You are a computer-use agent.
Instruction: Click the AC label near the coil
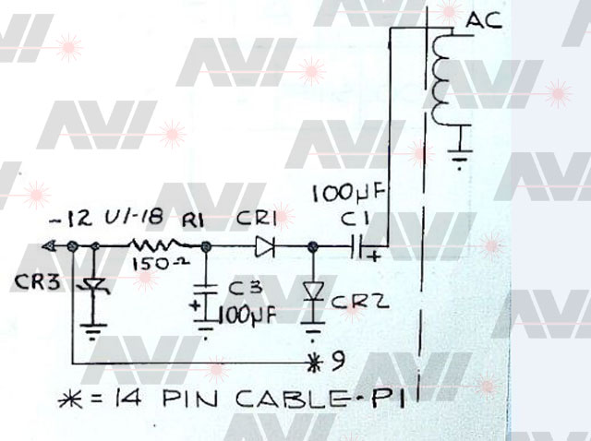(x=486, y=20)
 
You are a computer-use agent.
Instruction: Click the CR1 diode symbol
(x=265, y=247)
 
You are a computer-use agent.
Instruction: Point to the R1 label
(x=193, y=220)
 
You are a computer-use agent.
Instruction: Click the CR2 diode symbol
(x=314, y=292)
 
